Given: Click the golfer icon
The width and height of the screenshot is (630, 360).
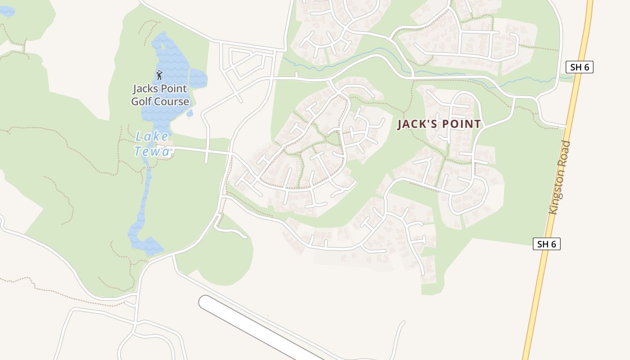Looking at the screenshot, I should tap(159, 75).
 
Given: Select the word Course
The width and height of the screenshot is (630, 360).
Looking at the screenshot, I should tap(171, 101).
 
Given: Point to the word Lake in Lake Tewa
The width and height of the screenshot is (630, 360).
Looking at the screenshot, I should tap(152, 136).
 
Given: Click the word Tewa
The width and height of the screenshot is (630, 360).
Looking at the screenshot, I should tap(152, 152).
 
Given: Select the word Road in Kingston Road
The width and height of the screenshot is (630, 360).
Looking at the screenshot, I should tap(566, 153).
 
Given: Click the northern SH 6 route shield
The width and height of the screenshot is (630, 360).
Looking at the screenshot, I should tap(580, 67).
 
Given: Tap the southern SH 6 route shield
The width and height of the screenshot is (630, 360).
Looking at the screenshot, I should tap(547, 244).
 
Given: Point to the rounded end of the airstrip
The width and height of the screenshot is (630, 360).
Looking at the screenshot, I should tap(206, 302).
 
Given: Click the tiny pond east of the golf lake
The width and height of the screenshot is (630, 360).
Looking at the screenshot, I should tap(189, 113).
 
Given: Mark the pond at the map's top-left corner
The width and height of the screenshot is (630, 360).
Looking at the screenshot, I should tap(6, 11).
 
